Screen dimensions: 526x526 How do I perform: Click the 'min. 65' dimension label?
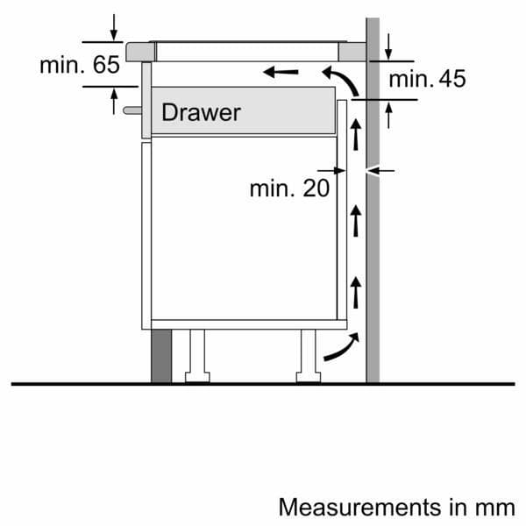pos(79,65)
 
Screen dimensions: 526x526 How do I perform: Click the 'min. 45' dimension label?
pos(427,79)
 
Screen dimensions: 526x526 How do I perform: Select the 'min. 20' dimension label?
pos(289,188)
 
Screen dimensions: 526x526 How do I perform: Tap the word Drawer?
pos(201,112)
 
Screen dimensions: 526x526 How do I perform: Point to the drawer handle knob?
pos(131,110)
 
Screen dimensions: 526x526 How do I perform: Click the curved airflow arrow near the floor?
pos(340,346)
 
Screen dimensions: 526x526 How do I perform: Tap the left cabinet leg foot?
pos(197,378)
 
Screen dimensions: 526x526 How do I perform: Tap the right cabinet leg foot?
pos(309,378)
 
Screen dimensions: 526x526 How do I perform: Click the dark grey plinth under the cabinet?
pos(161,356)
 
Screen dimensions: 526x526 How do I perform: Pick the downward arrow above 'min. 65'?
pos(114,28)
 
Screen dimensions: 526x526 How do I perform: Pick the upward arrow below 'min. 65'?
pos(114,100)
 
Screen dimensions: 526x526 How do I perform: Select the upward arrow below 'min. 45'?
pos(389,113)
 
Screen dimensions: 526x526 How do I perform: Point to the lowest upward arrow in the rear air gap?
pos(356,290)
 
